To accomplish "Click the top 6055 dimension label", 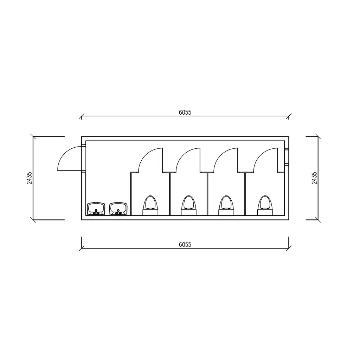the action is click(x=185, y=112).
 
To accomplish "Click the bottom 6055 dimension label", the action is click(x=185, y=245).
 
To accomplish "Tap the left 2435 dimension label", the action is click(x=30, y=178).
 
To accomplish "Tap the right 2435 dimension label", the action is click(x=314, y=178).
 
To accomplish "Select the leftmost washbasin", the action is click(x=96, y=209).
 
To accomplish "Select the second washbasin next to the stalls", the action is click(x=118, y=209).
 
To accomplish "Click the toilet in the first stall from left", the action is click(x=150, y=205).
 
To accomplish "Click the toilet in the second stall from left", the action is click(x=189, y=205).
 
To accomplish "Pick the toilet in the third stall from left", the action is click(x=226, y=205).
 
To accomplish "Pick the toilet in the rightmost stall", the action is click(x=265, y=205).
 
